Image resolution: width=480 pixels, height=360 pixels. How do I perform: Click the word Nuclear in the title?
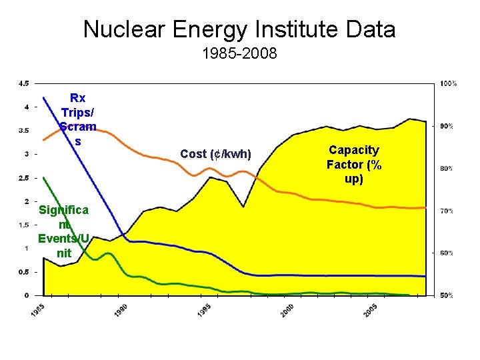click(x=124, y=29)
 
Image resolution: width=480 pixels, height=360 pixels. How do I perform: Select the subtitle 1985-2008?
click(x=240, y=53)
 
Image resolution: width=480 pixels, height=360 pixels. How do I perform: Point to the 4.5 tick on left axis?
click(x=23, y=83)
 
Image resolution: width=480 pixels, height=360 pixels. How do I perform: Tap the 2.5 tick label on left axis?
click(x=23, y=178)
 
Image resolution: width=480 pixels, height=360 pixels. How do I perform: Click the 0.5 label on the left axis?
click(x=23, y=272)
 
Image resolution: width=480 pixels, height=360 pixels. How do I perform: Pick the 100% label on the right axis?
click(x=448, y=83)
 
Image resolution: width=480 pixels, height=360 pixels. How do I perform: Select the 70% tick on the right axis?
click(x=446, y=211)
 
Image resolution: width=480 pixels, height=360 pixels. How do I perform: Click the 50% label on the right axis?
click(x=446, y=295)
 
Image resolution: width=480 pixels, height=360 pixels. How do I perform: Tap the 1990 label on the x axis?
click(x=121, y=310)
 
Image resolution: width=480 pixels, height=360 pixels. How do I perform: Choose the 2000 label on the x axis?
click(x=287, y=310)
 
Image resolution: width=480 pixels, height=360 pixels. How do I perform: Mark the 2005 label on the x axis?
click(x=371, y=310)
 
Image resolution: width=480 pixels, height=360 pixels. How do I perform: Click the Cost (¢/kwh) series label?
click(x=215, y=154)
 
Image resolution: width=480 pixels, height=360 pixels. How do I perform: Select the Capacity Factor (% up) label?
click(x=354, y=165)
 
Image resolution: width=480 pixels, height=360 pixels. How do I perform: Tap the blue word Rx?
click(x=78, y=97)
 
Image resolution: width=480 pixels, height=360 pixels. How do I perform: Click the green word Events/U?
click(x=63, y=238)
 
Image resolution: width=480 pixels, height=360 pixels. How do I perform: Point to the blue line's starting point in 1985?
click(x=44, y=97)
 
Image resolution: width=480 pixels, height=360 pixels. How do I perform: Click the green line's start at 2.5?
click(x=44, y=177)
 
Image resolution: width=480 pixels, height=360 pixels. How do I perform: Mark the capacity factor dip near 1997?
click(x=243, y=207)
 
